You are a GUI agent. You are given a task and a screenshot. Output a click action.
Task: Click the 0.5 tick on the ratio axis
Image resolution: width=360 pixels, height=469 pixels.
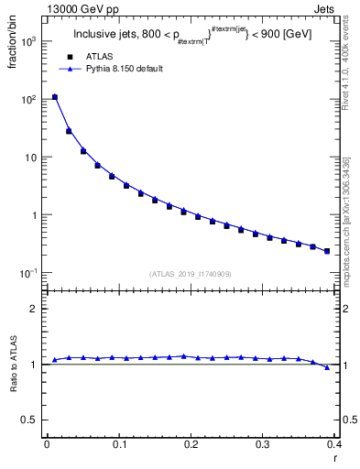29,420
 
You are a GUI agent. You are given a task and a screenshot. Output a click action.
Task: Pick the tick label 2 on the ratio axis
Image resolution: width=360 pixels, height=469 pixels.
33,309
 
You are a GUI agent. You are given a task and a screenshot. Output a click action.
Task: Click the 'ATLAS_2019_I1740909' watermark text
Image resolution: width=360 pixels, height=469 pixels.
191,274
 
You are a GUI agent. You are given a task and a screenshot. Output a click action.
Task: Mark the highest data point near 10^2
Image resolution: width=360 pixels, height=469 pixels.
55,96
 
